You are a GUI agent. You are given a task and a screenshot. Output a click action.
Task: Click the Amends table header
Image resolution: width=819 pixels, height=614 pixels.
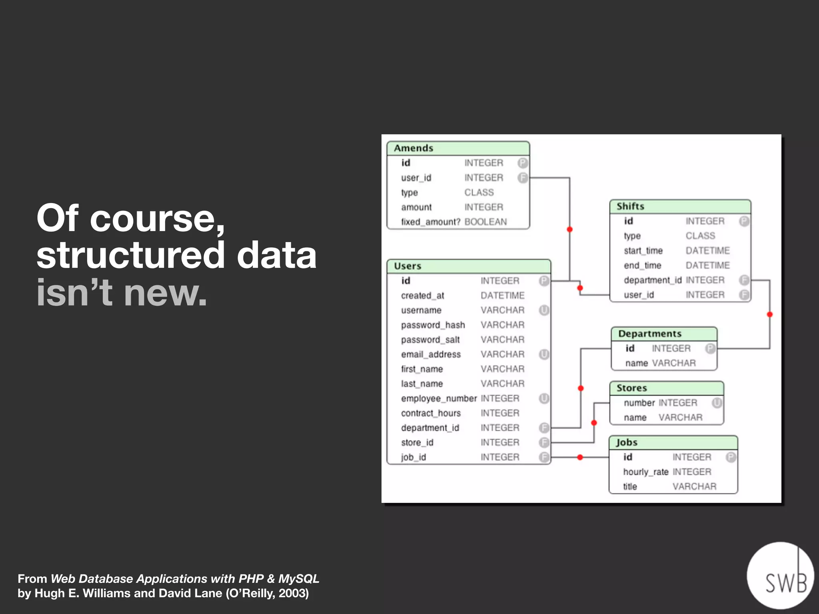pos(414,148)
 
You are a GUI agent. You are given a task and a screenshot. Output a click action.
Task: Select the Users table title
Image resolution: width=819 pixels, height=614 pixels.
pos(408,266)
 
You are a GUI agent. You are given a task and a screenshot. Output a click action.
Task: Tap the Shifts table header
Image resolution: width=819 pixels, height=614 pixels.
pos(631,206)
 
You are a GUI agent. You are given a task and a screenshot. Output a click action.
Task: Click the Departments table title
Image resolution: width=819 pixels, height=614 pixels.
pos(650,334)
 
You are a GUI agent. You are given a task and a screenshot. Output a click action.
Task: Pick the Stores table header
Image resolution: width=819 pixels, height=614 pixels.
pos(632,388)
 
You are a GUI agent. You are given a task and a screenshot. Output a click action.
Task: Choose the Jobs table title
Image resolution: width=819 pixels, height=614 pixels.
pos(627,443)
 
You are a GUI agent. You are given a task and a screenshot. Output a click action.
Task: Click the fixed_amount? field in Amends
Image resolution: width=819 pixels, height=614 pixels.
pos(431,222)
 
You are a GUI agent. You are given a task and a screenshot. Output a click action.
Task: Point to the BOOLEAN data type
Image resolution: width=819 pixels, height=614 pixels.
pos(485,222)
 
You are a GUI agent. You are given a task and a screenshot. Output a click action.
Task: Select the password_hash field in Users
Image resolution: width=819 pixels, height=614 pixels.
pos(433,325)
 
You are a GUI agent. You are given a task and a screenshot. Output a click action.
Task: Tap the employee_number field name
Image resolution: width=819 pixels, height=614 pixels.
pos(439,399)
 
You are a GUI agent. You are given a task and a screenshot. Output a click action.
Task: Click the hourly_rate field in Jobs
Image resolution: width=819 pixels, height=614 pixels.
pos(645,472)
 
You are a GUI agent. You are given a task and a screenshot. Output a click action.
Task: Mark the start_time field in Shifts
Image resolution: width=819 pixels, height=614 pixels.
pos(643,251)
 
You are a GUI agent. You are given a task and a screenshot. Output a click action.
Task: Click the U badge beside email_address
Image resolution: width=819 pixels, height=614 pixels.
pos(544,354)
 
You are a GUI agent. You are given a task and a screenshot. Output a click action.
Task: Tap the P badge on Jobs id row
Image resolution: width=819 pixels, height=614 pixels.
pos(731,457)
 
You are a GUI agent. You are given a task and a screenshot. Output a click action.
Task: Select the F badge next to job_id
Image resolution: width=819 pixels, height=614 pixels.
pos(544,457)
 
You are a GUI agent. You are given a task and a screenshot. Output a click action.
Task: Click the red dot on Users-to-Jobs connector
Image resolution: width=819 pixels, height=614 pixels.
pos(580,457)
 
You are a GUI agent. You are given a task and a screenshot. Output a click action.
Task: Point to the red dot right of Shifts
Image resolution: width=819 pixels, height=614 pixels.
pos(770,315)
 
